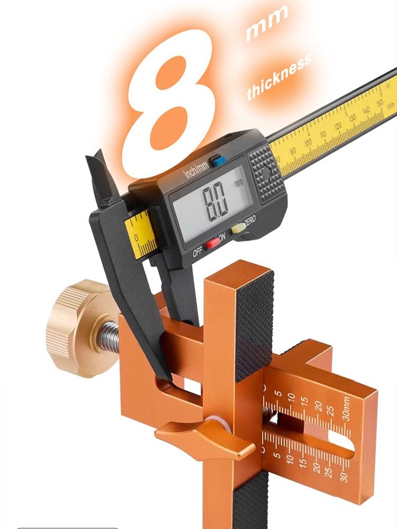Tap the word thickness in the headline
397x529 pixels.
point(279,77)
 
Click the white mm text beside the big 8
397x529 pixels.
point(267,24)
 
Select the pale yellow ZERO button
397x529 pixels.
point(238,228)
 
